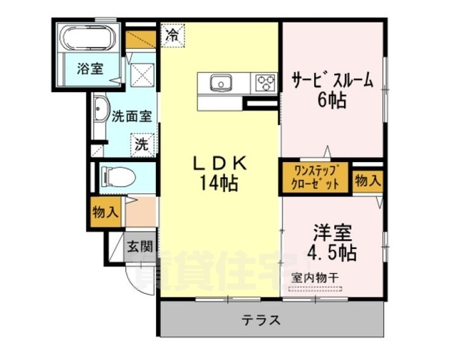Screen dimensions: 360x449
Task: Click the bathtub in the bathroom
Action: [89, 38]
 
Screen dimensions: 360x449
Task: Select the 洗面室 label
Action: [132, 116]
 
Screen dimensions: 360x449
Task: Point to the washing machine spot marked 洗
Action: [141, 144]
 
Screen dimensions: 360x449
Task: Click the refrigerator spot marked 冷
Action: [172, 34]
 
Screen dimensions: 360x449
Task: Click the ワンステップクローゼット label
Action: [315, 175]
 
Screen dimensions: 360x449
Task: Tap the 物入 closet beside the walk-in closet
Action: [367, 180]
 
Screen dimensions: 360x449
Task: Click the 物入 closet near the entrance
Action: [105, 211]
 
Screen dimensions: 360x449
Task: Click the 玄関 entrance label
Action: [139, 245]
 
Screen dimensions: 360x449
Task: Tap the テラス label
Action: [261, 321]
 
